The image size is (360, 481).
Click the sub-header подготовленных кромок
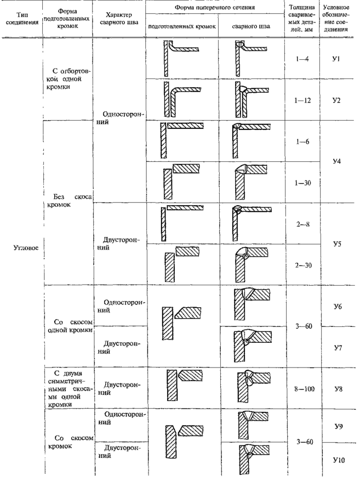pyautogui.click(x=181, y=26)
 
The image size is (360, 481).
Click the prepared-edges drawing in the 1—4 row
pyautogui.click(x=181, y=58)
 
